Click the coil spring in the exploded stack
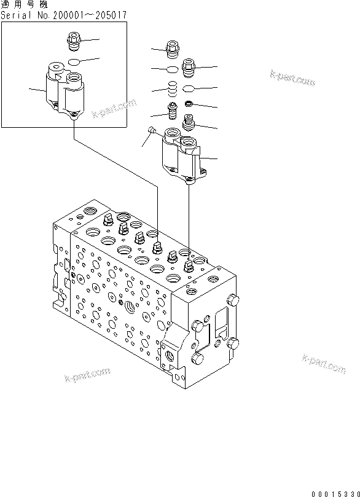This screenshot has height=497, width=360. [x=173, y=88]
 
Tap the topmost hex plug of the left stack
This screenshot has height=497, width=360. [x=173, y=49]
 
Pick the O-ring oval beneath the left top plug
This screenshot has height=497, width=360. [x=173, y=68]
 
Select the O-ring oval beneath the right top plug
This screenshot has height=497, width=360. [x=190, y=87]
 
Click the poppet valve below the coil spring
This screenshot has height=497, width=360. [x=173, y=112]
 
